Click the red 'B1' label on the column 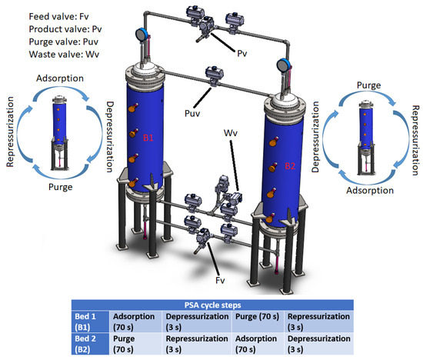coord(151,137)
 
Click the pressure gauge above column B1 coord(142,33)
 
